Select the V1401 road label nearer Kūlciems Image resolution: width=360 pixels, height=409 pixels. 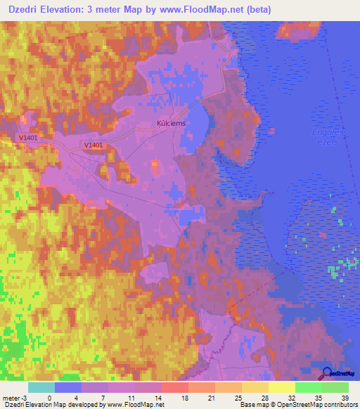pos(93,145)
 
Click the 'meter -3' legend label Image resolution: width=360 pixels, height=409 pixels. pos(14,397)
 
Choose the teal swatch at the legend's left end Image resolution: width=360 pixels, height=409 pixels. pos(41,387)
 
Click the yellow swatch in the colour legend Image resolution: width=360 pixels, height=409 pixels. pos(281,387)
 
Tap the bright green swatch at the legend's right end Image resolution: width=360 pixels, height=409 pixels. pos(335,387)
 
